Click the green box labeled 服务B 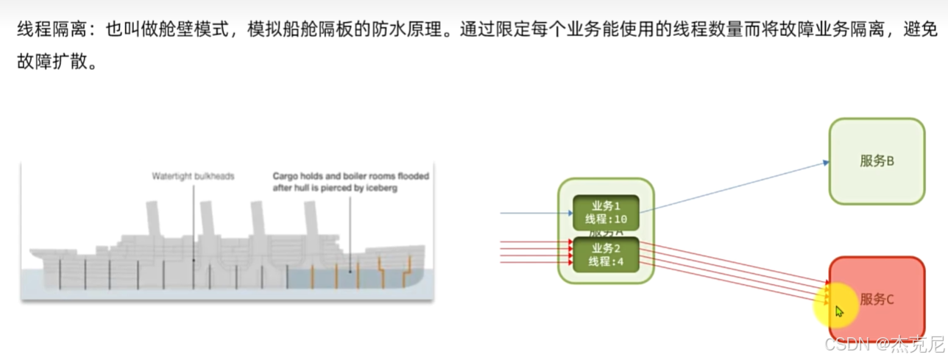tap(876, 160)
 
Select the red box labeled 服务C tap(876, 299)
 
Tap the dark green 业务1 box tap(605, 212)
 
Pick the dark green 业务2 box tap(605, 255)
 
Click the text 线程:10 tap(606, 219)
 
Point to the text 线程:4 tap(606, 262)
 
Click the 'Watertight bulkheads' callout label tap(193, 176)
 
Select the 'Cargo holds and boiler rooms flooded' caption tap(350, 176)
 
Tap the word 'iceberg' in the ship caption tap(381, 188)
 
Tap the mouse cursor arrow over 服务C tap(840, 311)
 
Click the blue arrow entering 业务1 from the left tap(534, 213)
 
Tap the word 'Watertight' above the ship tap(171, 176)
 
